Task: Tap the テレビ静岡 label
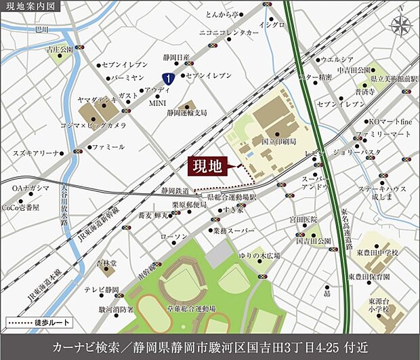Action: pos(102,289)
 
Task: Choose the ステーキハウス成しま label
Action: pos(382,193)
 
